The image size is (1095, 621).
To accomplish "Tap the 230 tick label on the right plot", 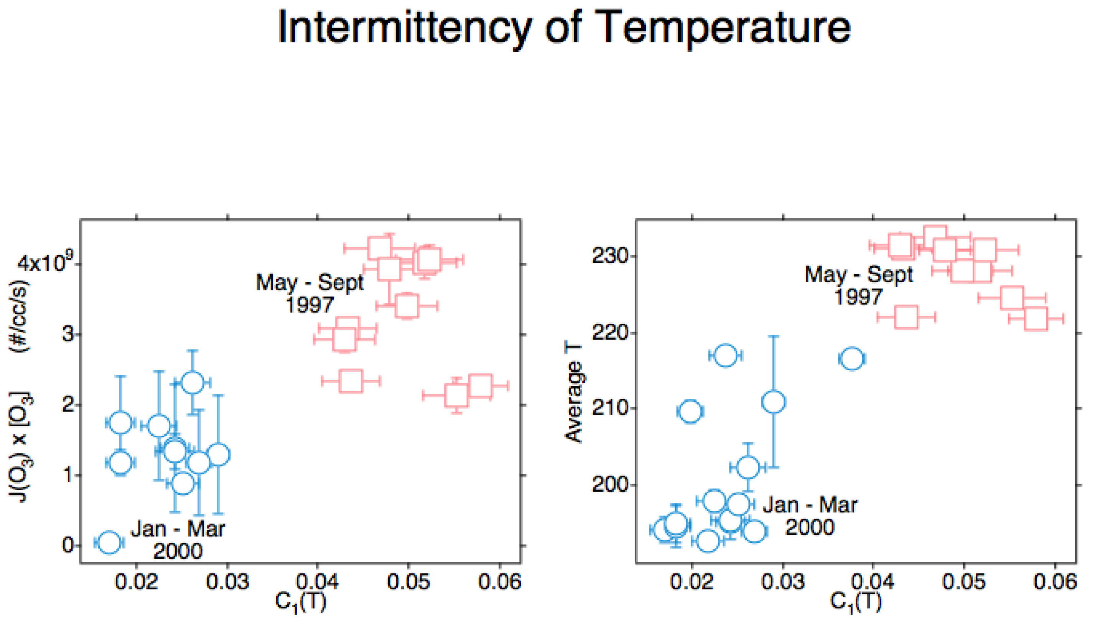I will [611, 256].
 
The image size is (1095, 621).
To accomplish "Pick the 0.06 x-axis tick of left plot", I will [499, 582].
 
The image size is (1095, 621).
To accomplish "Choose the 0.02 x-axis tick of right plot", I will [692, 582].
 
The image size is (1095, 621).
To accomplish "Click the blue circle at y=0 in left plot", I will [109, 542].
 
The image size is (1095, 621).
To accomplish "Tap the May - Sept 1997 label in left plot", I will [310, 293].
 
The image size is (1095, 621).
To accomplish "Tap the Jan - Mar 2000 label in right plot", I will [809, 516].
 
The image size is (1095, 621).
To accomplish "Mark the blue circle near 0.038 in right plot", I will [852, 359].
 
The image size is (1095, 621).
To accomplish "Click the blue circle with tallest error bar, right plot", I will [774, 402].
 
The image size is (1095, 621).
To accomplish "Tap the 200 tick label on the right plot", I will [611, 485].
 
